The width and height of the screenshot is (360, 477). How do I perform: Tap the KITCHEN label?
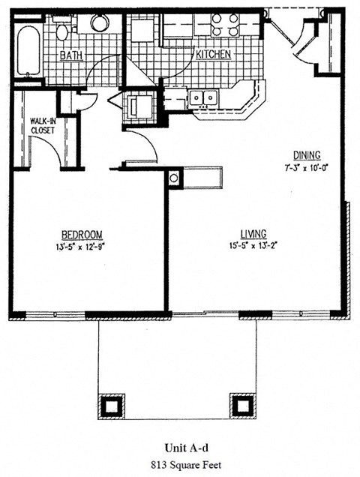pyautogui.click(x=214, y=55)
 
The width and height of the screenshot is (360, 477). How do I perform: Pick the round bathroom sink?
pyautogui.click(x=100, y=22)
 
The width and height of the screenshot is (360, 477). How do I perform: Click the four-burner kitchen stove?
pyautogui.click(x=224, y=25)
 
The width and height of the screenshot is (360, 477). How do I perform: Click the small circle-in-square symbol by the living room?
pyautogui.click(x=175, y=178)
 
